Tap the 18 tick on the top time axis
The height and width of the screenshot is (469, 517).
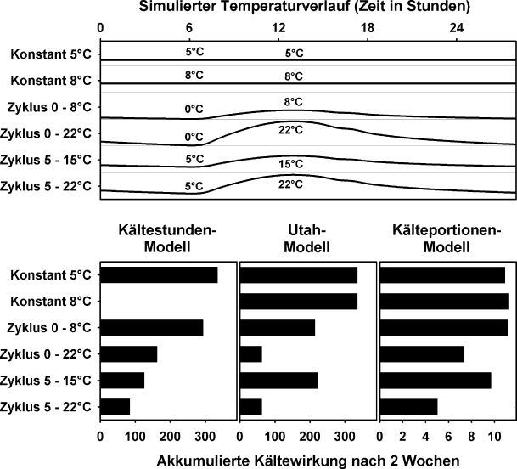point(368,28)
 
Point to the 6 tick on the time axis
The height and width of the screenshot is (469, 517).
point(190,28)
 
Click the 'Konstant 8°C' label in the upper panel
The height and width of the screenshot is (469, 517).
point(52,82)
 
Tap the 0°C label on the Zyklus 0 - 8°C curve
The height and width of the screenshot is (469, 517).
point(194,110)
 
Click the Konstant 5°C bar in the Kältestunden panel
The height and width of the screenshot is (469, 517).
point(159,275)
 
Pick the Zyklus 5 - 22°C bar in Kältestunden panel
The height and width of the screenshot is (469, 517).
point(115,407)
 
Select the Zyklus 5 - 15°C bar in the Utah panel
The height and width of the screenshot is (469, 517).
point(279,381)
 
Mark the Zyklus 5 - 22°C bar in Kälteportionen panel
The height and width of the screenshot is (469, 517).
point(409,407)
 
